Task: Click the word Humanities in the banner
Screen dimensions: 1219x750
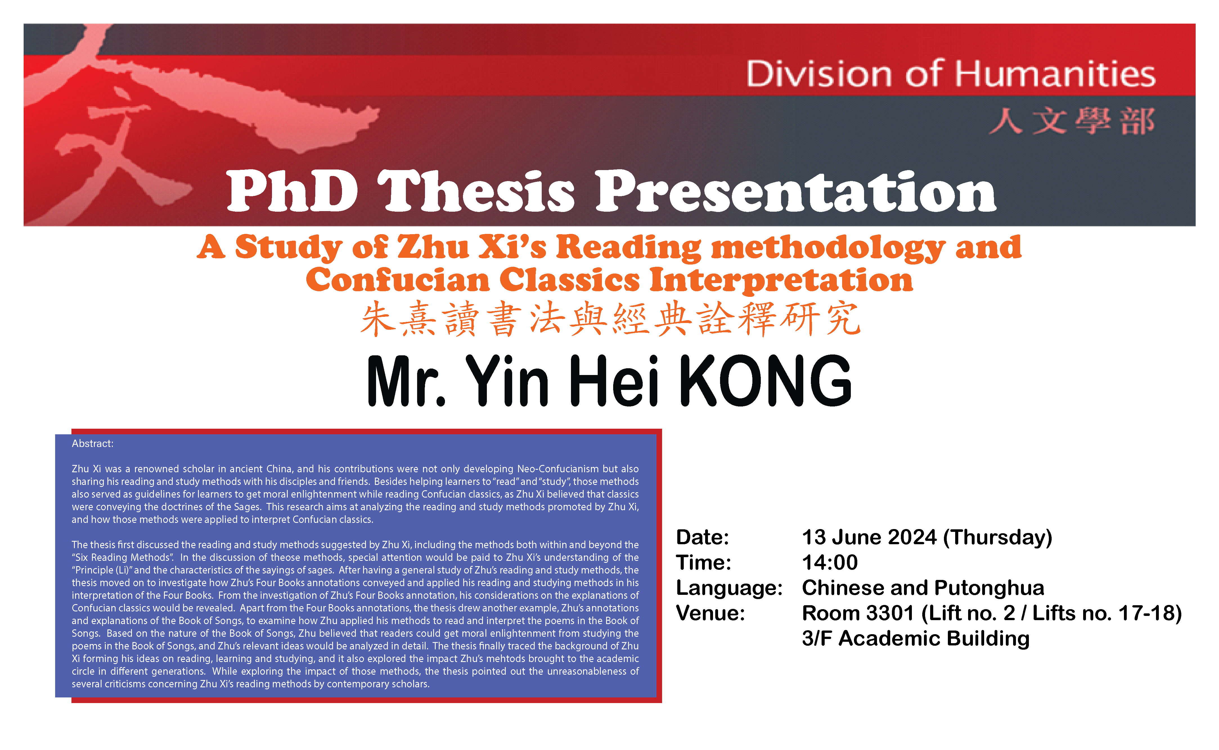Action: click(x=1055, y=74)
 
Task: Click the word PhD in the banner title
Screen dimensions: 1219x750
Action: click(x=292, y=191)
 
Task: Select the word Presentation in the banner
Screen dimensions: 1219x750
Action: click(x=796, y=191)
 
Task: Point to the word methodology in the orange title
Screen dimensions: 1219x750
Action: click(x=828, y=248)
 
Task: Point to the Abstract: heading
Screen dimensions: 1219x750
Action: click(x=93, y=444)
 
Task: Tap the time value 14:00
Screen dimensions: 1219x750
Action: click(x=830, y=562)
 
